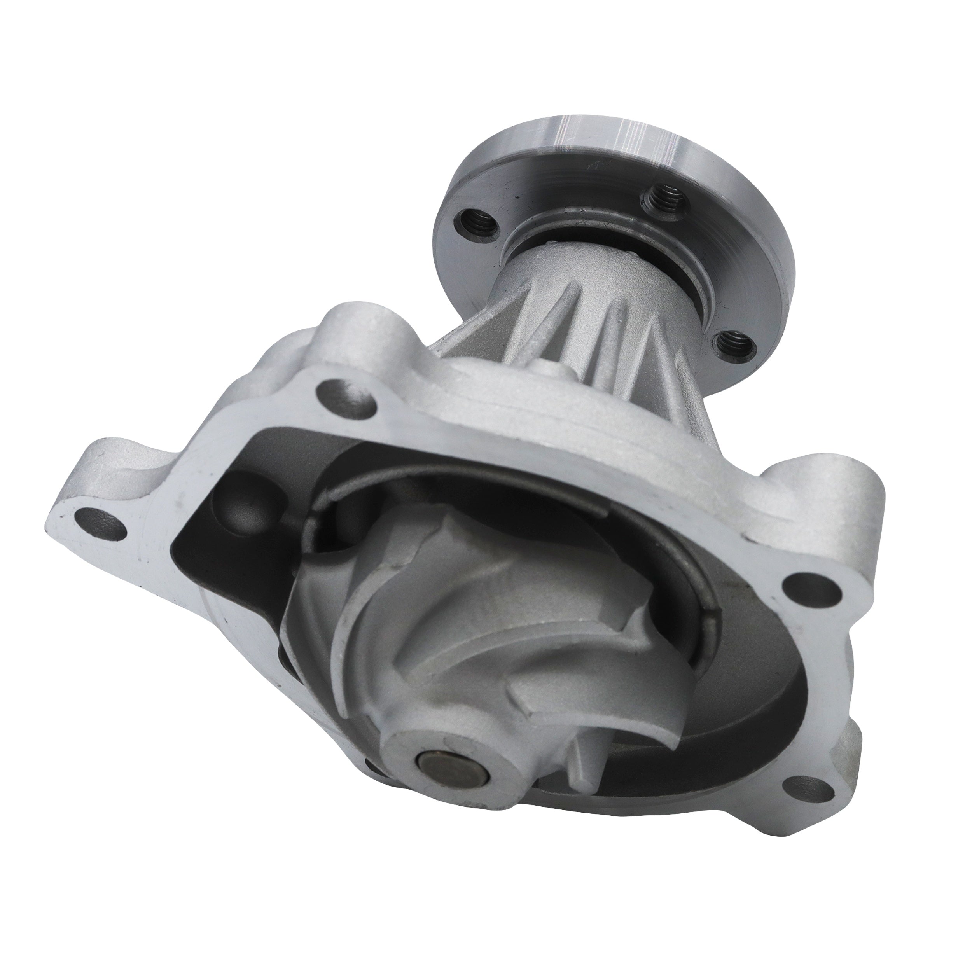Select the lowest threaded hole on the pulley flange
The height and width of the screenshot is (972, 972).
point(733,346)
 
